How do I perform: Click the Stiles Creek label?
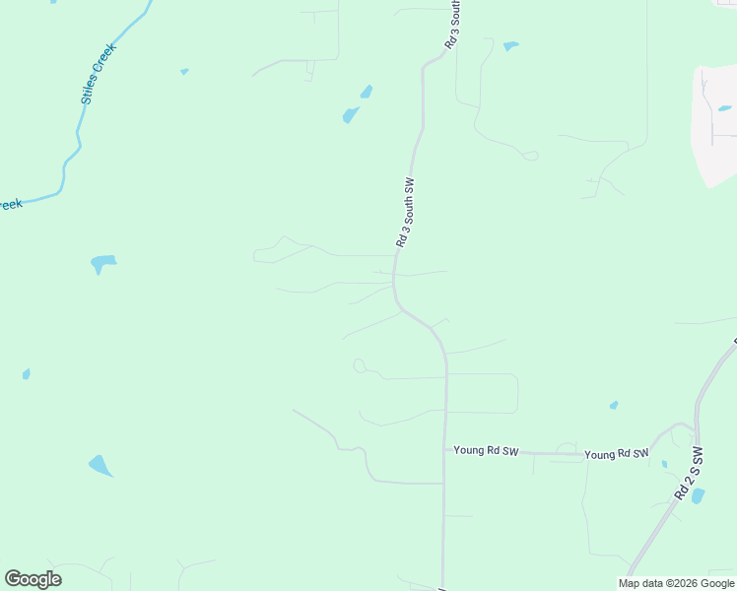99,74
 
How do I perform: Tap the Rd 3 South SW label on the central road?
406,213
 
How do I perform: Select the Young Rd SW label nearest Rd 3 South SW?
486,450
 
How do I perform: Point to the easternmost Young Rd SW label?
617,454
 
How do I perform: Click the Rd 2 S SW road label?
689,474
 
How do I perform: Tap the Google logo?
33,579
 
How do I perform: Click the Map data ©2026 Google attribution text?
677,583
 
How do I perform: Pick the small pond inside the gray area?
724,108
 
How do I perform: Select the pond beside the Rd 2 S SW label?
698,496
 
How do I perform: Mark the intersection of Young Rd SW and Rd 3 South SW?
444,450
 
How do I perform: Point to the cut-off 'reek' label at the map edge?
10,205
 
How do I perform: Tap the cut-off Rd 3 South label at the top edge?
453,25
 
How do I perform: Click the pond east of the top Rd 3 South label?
509,46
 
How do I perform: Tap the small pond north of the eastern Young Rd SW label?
614,405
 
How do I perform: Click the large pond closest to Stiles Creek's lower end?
102,263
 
